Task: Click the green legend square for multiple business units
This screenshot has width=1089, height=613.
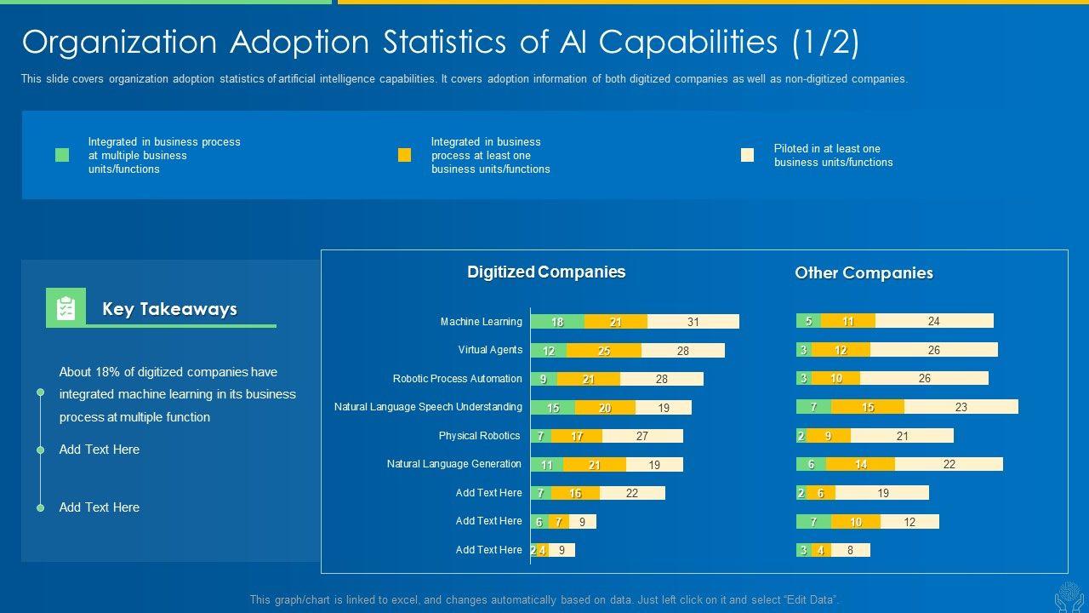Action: (x=62, y=155)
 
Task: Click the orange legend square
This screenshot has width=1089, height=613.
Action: (x=404, y=155)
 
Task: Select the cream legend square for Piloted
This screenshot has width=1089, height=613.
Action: (x=747, y=155)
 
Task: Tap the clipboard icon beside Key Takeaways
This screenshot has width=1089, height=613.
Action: (x=66, y=308)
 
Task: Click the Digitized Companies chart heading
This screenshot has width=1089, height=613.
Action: (x=546, y=272)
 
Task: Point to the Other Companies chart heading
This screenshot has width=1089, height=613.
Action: (x=864, y=273)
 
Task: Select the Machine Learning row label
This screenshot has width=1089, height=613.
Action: (x=481, y=322)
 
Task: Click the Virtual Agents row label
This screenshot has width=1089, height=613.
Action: (x=490, y=350)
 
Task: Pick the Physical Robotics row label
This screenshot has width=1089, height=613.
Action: (x=479, y=436)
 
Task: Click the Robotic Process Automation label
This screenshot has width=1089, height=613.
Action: (x=457, y=379)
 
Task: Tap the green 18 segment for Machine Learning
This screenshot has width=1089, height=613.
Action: (x=557, y=322)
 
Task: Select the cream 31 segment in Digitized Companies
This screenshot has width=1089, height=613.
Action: (x=693, y=322)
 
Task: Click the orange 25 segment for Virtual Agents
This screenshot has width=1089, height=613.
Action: (x=604, y=351)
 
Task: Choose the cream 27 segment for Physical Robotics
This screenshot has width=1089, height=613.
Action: (x=642, y=436)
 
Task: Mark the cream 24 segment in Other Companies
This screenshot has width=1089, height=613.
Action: (x=934, y=321)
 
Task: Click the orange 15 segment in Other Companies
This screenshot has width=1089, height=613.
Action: (x=868, y=407)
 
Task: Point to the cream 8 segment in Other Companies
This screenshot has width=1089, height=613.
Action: (x=850, y=550)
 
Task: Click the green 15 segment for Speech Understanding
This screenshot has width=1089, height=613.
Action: (x=553, y=408)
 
